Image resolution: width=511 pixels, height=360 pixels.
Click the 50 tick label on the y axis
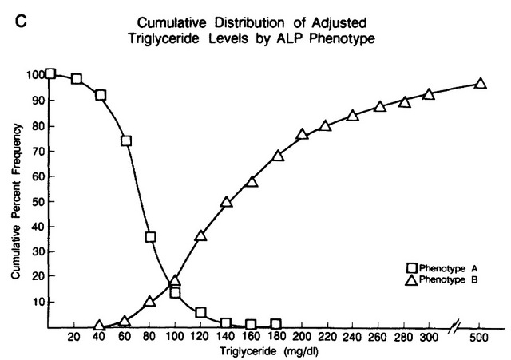[x=36, y=201]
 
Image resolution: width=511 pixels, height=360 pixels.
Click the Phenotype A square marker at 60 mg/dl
[x=125, y=141]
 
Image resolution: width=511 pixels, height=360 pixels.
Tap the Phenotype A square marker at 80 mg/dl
[x=150, y=237]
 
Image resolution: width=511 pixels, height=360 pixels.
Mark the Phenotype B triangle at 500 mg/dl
[x=481, y=83]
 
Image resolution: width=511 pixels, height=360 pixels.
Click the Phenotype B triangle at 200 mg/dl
[x=303, y=134]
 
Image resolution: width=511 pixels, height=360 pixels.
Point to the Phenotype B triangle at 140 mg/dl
[x=227, y=202]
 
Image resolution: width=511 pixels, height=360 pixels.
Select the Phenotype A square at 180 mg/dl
[x=276, y=325]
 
